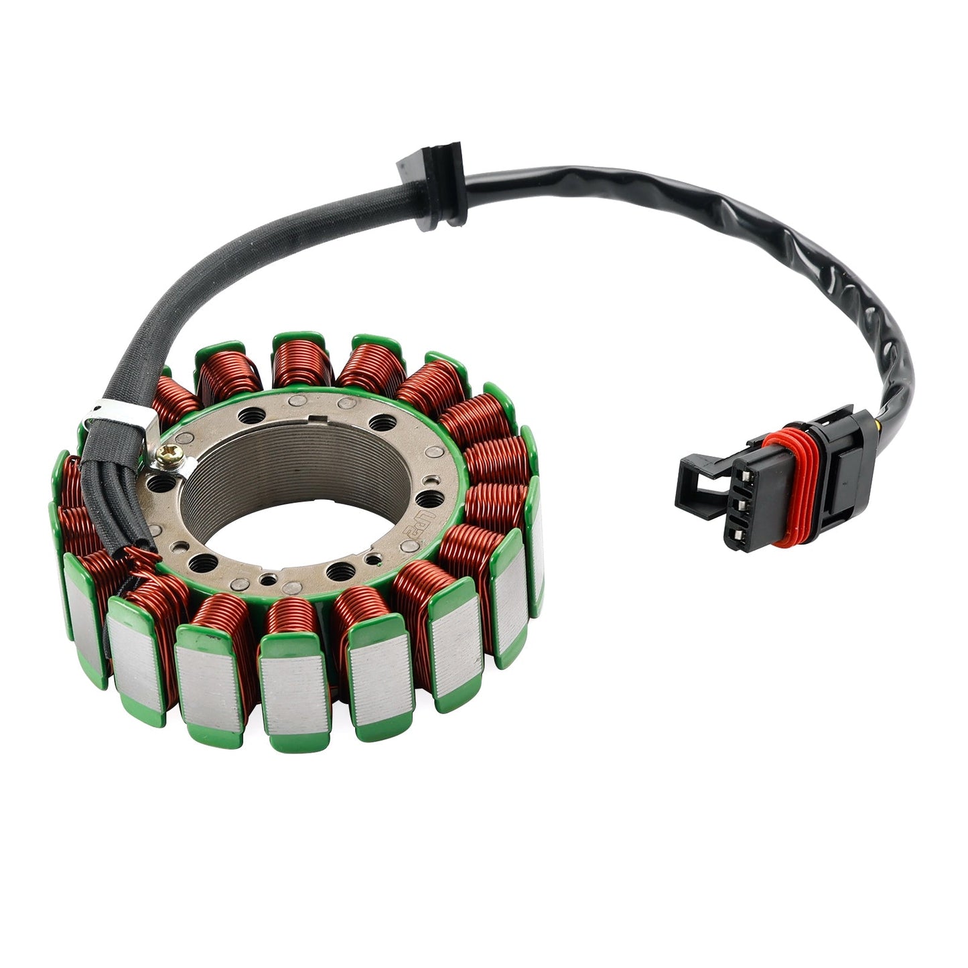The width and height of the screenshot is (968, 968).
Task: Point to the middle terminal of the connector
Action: point(739,503)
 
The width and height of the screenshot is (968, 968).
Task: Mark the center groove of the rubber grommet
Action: point(429,194)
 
